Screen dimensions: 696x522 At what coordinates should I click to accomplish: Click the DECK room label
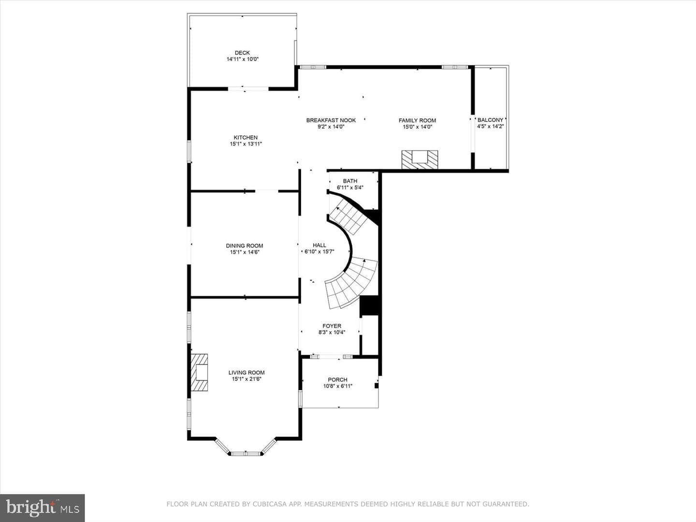pyautogui.click(x=242, y=53)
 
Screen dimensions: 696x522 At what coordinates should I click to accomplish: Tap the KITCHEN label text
pyautogui.click(x=246, y=138)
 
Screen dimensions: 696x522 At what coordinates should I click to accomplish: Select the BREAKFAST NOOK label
pyautogui.click(x=331, y=120)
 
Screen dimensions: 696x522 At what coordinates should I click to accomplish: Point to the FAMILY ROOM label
pyautogui.click(x=417, y=120)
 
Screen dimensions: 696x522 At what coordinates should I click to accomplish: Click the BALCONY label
pyautogui.click(x=491, y=120)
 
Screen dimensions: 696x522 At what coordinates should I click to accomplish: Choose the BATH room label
pyautogui.click(x=350, y=181)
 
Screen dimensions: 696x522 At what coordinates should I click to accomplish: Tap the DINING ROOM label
pyautogui.click(x=245, y=246)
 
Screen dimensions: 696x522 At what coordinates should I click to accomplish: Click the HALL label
pyautogui.click(x=319, y=245)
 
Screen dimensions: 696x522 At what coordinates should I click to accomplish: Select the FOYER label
pyautogui.click(x=332, y=326)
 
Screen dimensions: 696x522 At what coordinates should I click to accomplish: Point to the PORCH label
pyautogui.click(x=338, y=380)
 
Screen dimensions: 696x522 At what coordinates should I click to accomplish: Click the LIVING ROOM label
pyautogui.click(x=246, y=373)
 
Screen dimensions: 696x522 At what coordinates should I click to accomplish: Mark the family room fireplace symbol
pyautogui.click(x=420, y=159)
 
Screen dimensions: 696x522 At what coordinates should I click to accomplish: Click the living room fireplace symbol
pyautogui.click(x=199, y=372)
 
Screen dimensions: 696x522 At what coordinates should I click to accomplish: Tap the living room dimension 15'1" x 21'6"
pyautogui.click(x=246, y=379)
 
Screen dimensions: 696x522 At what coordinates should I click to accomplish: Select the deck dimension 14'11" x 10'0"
pyautogui.click(x=243, y=59)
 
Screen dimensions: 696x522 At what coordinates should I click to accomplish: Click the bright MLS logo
pyautogui.click(x=42, y=508)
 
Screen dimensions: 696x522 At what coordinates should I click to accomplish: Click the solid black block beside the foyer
pyautogui.click(x=369, y=305)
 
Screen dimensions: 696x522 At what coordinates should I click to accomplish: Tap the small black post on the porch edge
pyautogui.click(x=377, y=386)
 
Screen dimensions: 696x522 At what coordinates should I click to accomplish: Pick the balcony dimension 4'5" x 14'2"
pyautogui.click(x=491, y=127)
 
